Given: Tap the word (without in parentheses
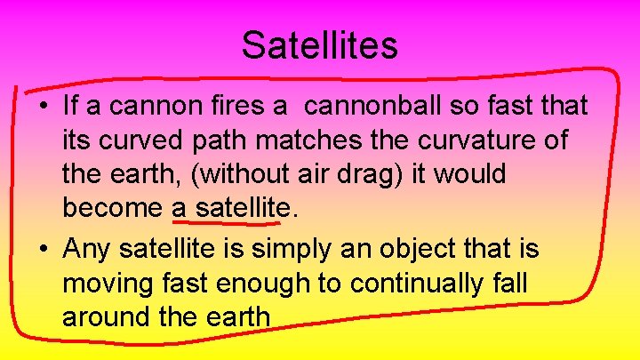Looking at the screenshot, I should [231, 174].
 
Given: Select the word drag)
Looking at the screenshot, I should [380, 174].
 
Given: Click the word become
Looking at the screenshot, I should [113, 208].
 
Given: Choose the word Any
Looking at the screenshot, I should [86, 251].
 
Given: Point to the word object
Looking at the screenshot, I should [408, 251].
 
